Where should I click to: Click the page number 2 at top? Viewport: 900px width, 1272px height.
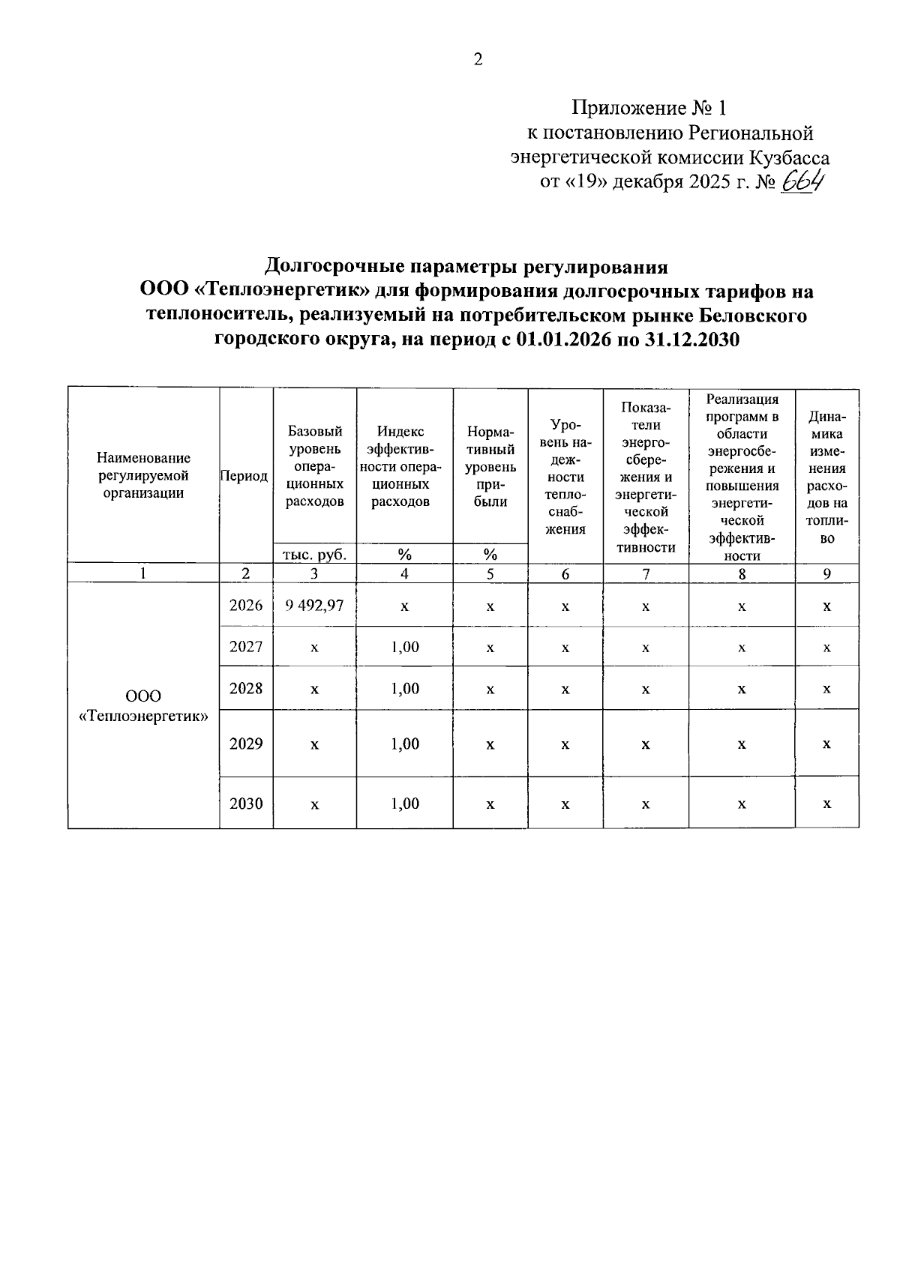coord(478,60)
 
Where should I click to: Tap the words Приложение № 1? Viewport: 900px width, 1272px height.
coord(649,109)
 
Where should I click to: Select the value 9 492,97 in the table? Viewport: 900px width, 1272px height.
coord(314,605)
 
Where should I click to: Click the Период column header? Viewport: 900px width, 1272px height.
coord(245,477)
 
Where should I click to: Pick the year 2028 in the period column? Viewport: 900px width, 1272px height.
coord(246,688)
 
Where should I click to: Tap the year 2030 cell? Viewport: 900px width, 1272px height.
coord(246,804)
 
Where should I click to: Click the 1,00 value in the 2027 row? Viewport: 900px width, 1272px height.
coord(405,647)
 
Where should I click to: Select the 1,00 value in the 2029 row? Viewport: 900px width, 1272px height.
coord(405,744)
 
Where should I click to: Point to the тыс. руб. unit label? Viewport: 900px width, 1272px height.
coord(314,555)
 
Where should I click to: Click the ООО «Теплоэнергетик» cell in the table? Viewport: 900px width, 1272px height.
coord(143,706)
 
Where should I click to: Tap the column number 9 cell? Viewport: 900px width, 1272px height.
coord(826,573)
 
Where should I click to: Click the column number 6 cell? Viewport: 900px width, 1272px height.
coord(565,573)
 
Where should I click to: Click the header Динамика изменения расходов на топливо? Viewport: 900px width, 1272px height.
coord(826,477)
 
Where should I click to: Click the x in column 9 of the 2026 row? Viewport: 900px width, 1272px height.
coord(826,606)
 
